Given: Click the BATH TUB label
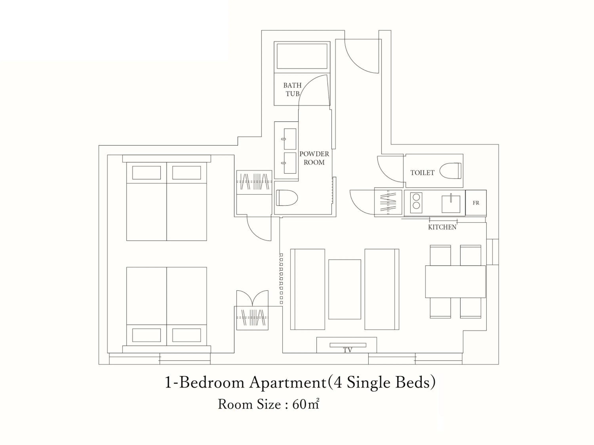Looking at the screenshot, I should point(292,89).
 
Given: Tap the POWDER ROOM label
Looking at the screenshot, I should point(314,158).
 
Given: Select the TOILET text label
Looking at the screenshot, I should point(422,173).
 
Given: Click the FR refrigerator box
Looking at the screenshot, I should point(476,203).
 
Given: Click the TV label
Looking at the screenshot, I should point(347,350).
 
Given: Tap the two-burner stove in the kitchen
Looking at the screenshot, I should point(416,201).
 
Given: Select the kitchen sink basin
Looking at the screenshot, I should point(451,204).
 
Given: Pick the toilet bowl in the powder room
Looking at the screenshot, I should point(287,198).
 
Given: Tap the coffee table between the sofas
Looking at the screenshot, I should point(345,289).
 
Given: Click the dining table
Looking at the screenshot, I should point(455,282).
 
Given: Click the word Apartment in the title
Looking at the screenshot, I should point(287,383).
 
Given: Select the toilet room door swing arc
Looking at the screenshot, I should point(388,172).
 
